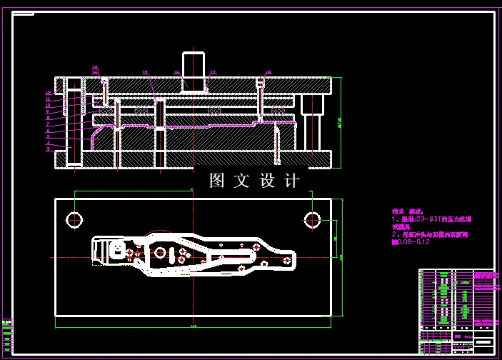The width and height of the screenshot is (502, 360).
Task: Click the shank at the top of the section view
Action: point(193,70)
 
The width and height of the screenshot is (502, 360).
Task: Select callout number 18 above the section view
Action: point(268,72)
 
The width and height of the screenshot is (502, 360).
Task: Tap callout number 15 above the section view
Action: point(145,72)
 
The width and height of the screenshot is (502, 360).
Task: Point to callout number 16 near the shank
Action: point(176,72)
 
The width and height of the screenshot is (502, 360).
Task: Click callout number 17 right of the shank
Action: point(213,72)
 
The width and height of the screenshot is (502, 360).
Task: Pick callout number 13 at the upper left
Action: point(94,67)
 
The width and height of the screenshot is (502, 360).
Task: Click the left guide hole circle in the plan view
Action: point(74,219)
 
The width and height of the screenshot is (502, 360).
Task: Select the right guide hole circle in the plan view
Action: point(312,219)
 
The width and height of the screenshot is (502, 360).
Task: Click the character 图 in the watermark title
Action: point(218,181)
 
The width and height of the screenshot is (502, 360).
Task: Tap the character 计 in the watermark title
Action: point(292,181)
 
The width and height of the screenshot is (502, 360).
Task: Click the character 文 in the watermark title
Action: point(242,181)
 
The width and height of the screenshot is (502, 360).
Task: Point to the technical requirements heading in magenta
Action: point(408,211)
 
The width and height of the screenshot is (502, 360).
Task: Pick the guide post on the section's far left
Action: point(74,126)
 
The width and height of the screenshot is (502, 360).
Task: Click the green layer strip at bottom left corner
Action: point(6,336)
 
